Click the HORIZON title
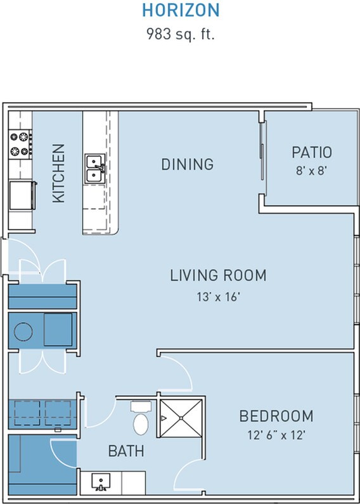point(181,10)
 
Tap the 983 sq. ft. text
point(181,34)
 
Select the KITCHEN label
point(59,173)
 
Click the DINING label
point(187,164)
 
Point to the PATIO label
point(311,152)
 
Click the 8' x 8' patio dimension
point(311,171)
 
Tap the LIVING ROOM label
point(218,276)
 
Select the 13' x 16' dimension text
point(218,297)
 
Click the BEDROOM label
point(276,416)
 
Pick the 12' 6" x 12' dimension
point(276,435)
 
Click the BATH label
point(126,451)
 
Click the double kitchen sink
point(95,169)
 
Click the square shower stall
point(181,418)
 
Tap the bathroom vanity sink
point(101,482)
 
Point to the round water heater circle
point(23,332)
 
